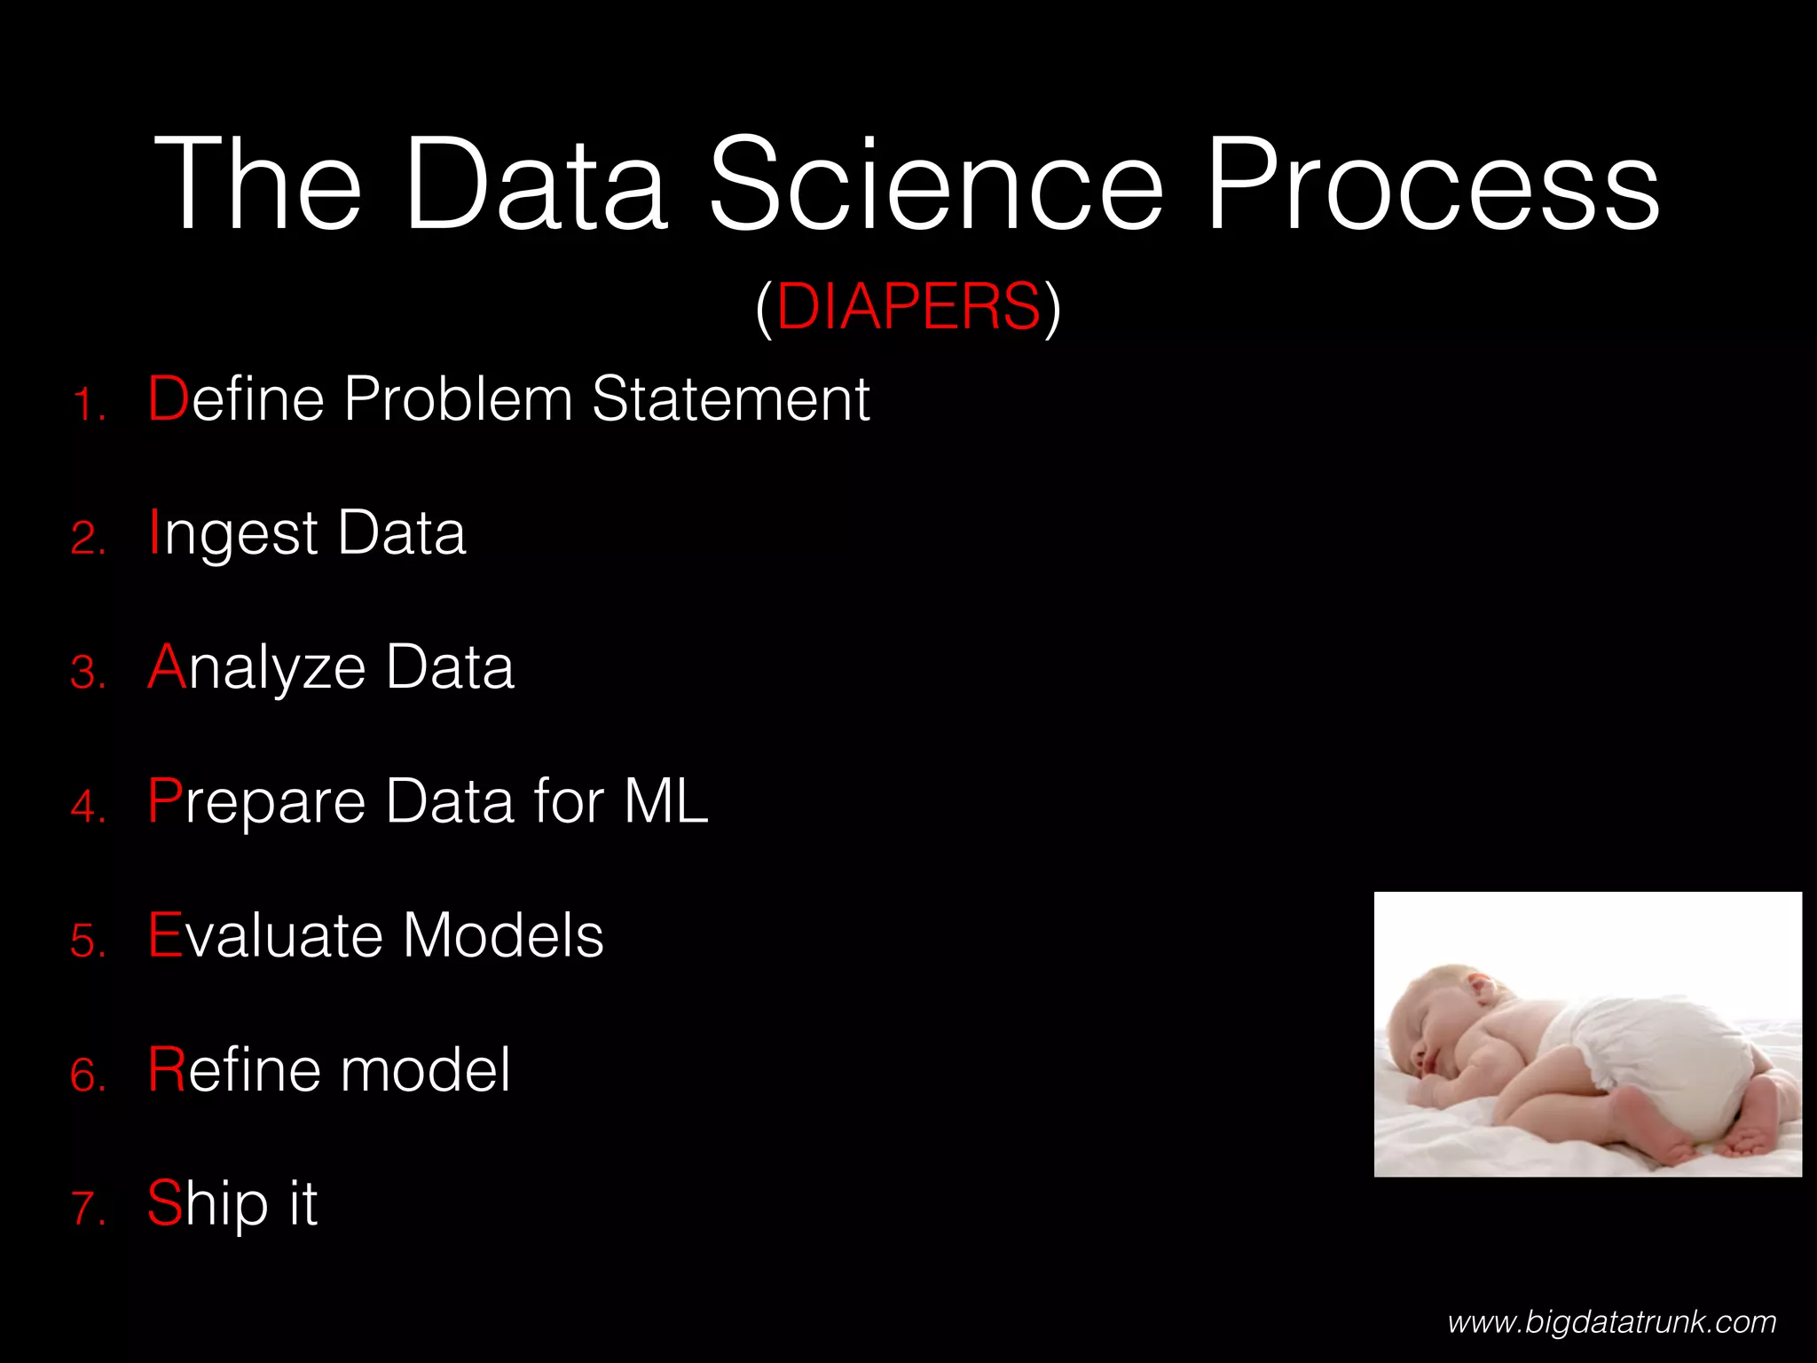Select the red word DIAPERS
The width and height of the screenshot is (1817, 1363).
point(908,307)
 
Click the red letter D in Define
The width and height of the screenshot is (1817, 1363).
point(168,398)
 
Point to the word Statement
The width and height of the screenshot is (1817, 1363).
point(730,398)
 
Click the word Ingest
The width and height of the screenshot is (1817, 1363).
point(232,534)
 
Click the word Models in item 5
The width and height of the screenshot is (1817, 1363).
point(503,935)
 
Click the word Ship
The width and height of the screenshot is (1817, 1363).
point(208,1205)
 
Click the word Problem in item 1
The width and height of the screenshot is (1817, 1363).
point(458,398)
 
